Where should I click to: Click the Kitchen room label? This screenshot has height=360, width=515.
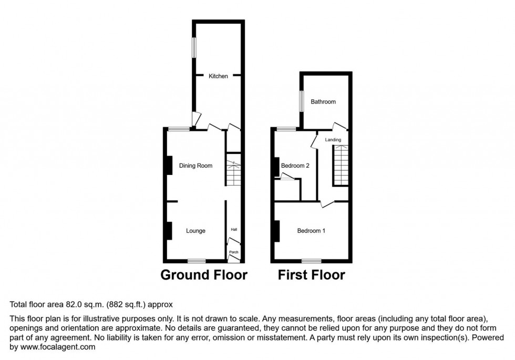point(219,76)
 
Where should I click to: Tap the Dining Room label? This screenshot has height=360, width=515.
point(196,166)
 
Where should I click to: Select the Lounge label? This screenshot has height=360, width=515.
point(196,231)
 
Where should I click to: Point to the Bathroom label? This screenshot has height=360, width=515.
point(323,102)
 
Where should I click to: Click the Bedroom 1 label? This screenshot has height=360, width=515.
point(312,231)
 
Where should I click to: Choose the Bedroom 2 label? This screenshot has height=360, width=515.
point(295,166)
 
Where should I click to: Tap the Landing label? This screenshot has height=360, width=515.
point(333,140)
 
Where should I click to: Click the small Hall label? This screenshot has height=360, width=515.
point(234,230)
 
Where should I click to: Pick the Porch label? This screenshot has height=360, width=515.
point(234,253)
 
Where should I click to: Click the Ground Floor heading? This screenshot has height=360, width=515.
point(203,275)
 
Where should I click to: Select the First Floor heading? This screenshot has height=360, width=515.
point(311,275)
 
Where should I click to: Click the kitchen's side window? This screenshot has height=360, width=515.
point(193,47)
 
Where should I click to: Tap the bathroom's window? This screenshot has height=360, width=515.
point(301,101)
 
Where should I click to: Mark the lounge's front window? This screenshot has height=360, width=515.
point(197,261)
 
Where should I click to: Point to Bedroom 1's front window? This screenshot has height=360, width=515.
point(312,261)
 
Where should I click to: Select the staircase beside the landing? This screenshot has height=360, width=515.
point(341,166)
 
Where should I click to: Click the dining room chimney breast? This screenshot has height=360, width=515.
point(169,166)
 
